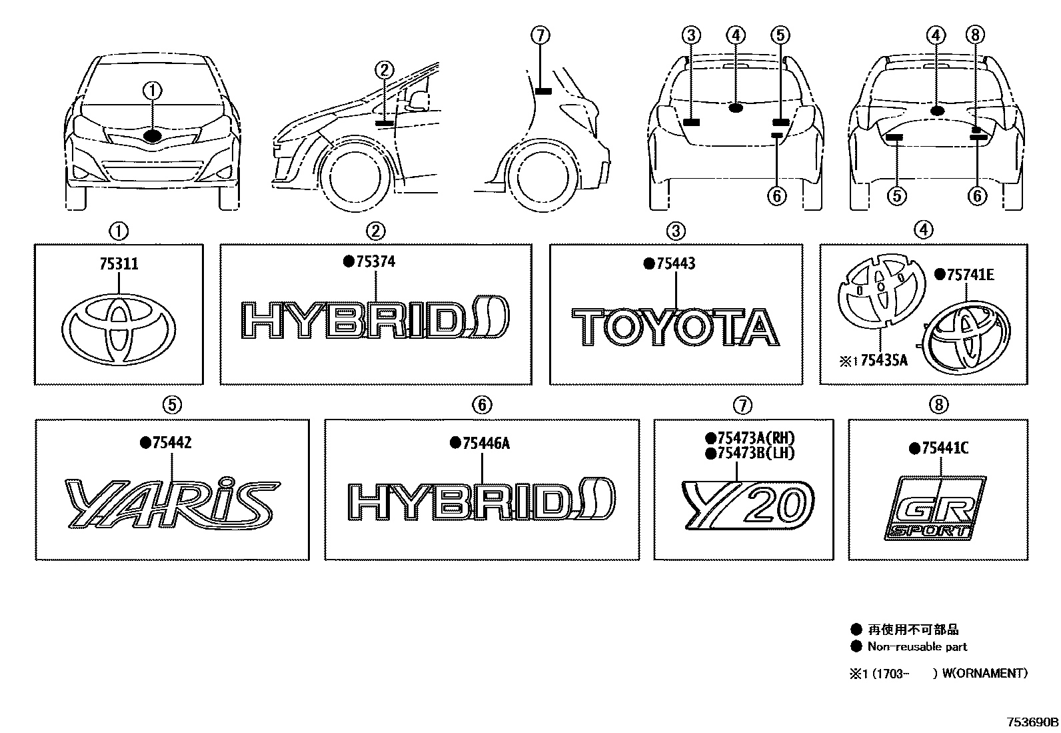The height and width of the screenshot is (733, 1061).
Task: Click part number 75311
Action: [119, 264]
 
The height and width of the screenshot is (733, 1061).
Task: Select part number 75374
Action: [375, 262]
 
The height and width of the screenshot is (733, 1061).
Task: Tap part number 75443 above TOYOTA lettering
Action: [675, 264]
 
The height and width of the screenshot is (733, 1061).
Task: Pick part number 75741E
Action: [968, 274]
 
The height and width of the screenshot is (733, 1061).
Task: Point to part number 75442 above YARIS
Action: [172, 443]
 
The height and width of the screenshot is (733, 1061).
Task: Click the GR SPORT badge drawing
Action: [936, 509]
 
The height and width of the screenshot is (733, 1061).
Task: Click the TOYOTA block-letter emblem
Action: [675, 327]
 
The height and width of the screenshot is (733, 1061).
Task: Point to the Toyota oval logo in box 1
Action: [119, 329]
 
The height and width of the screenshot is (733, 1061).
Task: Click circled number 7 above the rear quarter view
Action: [540, 35]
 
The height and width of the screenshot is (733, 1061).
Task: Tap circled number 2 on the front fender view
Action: [385, 69]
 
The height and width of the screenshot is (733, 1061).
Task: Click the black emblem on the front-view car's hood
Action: [153, 136]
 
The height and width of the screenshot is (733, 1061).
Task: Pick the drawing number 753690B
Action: [1032, 722]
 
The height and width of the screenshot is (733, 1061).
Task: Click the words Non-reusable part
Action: [917, 646]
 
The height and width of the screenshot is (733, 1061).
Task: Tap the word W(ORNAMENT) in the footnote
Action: [984, 673]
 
